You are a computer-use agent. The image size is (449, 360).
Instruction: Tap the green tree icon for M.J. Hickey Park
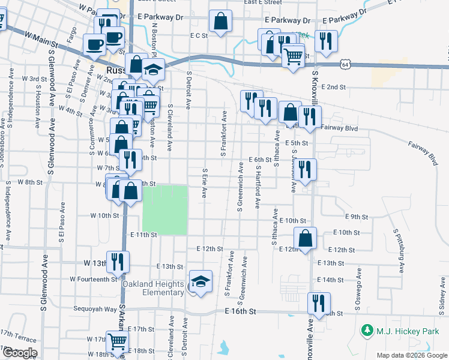pyautogui.click(x=366, y=330)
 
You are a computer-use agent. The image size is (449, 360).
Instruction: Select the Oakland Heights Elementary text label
pyautogui.click(x=154, y=288)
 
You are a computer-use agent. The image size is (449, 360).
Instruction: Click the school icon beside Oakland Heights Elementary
pyautogui.click(x=200, y=281)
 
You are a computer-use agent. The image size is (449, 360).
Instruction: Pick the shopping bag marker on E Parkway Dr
pyautogui.click(x=221, y=22)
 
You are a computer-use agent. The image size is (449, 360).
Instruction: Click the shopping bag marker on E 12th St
pyautogui.click(x=306, y=238)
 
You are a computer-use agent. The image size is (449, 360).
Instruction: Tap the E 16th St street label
pyautogui.click(x=241, y=311)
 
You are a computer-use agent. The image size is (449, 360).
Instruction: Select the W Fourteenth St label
pyautogui.click(x=93, y=279)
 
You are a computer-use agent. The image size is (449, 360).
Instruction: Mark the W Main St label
pyautogui.click(x=41, y=40)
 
